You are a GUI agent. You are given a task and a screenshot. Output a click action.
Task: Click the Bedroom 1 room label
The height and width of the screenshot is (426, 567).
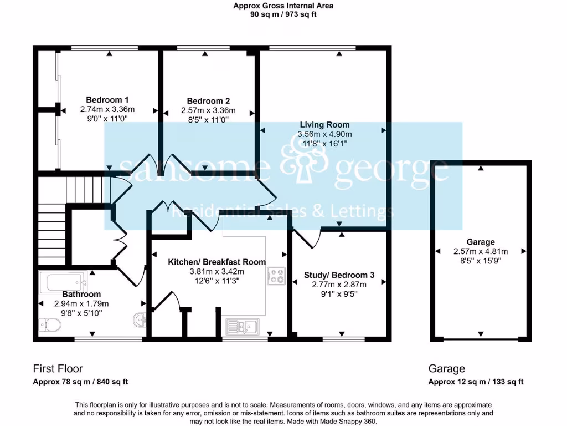(107, 100)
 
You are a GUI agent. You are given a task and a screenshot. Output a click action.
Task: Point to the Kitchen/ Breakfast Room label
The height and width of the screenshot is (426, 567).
(217, 262)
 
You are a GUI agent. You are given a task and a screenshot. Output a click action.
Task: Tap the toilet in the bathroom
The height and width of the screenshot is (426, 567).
(49, 325)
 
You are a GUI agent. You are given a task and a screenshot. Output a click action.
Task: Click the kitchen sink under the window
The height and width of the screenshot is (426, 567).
(243, 327)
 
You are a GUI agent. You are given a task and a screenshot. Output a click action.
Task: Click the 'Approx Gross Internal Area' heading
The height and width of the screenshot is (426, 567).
(283, 6)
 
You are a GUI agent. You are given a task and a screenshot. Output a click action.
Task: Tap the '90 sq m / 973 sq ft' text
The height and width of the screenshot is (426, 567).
(283, 15)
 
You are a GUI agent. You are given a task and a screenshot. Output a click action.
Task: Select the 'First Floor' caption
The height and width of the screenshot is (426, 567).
(58, 369)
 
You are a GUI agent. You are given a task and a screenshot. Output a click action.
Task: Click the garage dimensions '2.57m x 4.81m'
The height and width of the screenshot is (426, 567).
(480, 251)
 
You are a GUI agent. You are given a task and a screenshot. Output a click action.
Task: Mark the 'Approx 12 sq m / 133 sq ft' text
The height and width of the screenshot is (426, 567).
(476, 382)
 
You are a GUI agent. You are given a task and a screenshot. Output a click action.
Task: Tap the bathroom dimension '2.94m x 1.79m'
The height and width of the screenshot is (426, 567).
(81, 303)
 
